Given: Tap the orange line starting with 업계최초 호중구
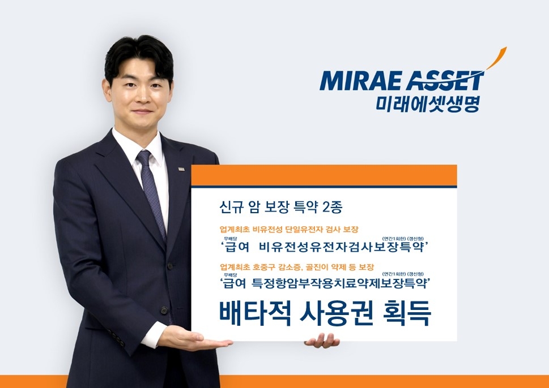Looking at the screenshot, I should pyautogui.click(x=296, y=266).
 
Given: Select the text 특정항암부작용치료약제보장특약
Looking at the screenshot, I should pyautogui.click(x=346, y=283).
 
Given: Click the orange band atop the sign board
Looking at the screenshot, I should pyautogui.click(x=324, y=175).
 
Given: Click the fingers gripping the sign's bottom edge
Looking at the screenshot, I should pyautogui.click(x=322, y=340).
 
